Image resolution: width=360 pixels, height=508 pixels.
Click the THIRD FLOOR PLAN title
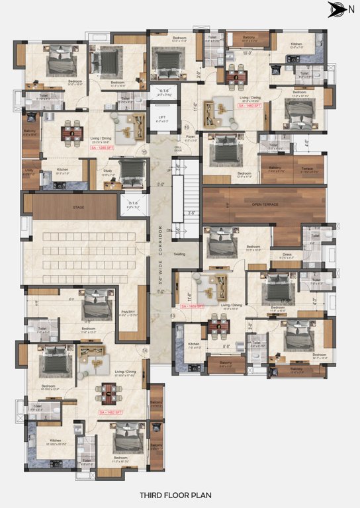tap(179, 494)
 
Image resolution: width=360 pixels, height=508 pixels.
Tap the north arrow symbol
tap(336, 9)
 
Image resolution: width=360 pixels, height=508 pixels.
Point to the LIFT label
tap(162, 118)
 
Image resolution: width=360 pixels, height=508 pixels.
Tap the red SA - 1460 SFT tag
tap(251, 106)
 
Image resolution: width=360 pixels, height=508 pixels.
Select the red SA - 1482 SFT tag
tap(111, 413)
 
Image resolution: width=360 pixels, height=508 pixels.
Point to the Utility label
tap(29, 170)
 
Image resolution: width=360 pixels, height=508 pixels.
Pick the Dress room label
tap(287, 254)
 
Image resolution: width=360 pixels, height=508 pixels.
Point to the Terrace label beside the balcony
tap(306, 168)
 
